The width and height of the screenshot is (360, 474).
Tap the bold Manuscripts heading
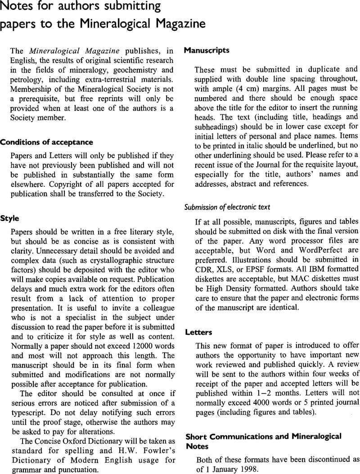click(207, 51)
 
